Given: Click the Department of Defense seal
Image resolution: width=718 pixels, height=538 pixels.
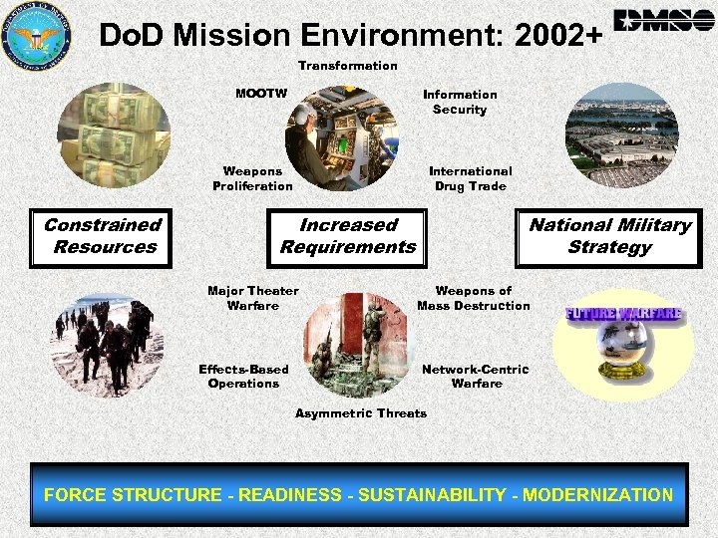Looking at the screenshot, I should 38,36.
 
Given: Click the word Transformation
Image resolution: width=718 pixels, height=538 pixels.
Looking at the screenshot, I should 347,66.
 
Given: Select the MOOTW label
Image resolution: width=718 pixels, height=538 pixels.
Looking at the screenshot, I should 261,94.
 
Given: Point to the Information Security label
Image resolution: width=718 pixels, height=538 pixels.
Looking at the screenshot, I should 460,102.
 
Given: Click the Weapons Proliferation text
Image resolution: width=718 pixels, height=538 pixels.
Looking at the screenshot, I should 252,178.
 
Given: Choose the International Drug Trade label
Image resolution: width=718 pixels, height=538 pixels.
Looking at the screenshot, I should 471,178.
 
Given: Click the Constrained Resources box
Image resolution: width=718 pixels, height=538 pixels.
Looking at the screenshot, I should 104,236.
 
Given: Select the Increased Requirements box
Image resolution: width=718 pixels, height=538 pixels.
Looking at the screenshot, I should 348,236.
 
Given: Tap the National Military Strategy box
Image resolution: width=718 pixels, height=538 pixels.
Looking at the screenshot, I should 609,236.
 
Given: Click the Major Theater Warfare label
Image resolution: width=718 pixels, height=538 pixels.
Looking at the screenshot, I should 252,298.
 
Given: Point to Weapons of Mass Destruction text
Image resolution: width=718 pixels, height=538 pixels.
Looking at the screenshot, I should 474,298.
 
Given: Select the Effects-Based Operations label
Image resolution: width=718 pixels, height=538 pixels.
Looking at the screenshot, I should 243,376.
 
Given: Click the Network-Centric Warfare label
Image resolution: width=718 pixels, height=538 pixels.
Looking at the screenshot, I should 476,376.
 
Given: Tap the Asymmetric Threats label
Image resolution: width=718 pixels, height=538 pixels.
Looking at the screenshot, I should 360,413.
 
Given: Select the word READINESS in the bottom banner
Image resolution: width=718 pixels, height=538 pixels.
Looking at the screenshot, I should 280,495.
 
